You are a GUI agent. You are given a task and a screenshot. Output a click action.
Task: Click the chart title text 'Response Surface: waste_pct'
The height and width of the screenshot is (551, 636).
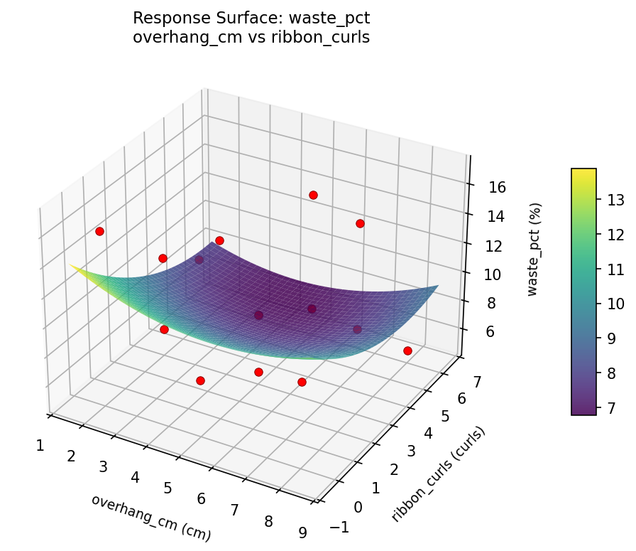tap(251, 18)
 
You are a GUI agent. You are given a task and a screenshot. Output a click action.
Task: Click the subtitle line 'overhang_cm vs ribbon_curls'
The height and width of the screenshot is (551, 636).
tap(251, 38)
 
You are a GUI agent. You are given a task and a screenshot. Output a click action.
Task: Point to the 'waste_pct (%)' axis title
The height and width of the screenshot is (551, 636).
tap(536, 250)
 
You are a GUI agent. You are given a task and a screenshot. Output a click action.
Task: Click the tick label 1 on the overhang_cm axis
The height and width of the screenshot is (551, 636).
tap(40, 446)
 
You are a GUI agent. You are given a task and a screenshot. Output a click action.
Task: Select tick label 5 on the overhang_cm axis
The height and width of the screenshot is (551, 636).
tap(168, 488)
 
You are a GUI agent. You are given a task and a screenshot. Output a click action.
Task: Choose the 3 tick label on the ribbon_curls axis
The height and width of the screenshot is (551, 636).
tap(412, 451)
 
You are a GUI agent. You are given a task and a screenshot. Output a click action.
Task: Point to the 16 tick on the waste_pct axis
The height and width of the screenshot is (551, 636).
tap(497, 187)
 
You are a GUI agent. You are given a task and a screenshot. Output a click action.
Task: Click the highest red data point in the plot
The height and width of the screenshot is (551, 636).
tap(313, 195)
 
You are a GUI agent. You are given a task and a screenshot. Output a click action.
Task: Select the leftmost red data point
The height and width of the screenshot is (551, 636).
tap(100, 231)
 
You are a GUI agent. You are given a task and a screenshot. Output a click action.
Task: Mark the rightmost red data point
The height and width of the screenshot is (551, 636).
tap(407, 351)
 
